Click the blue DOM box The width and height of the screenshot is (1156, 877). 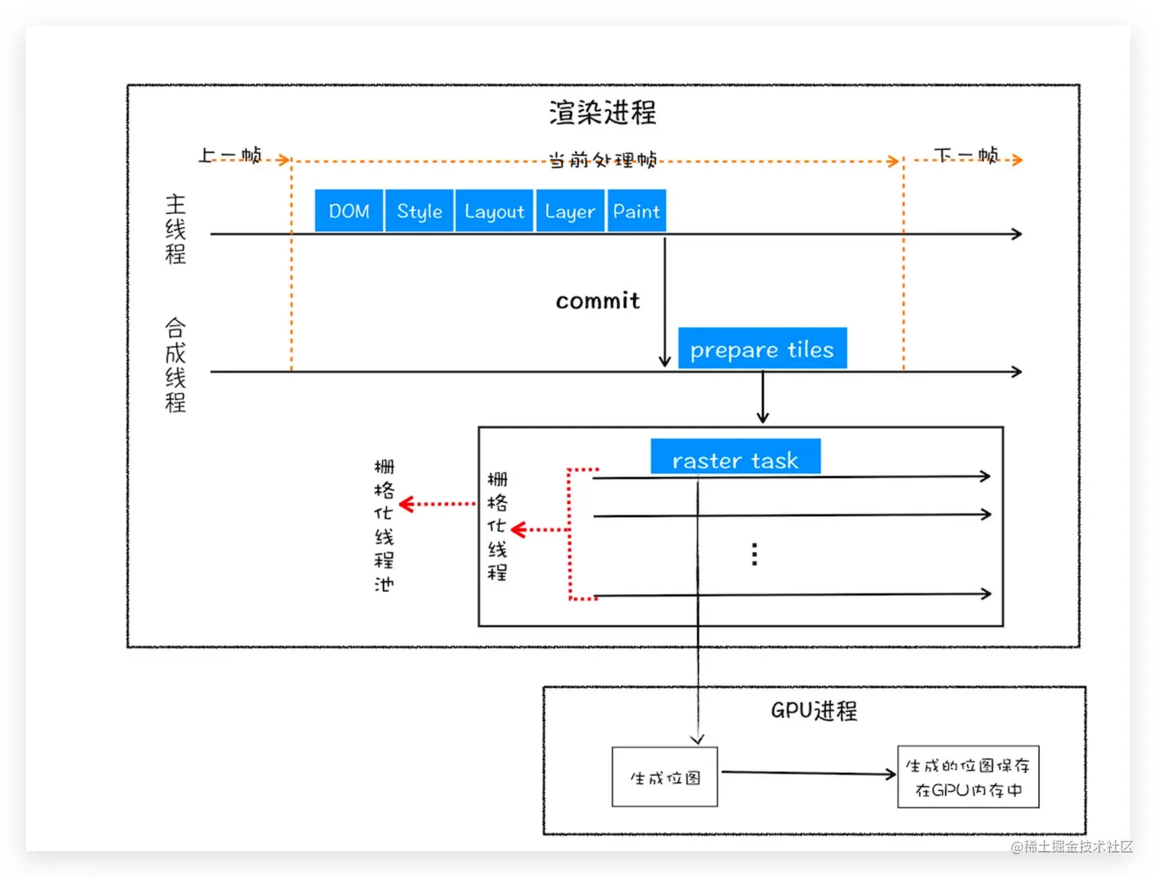pos(349,211)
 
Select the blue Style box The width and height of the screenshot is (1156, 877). pos(419,211)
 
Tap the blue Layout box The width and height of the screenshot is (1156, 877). pos(494,211)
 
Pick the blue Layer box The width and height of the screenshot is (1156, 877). pos(570,211)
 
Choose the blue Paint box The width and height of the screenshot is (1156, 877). pos(636,211)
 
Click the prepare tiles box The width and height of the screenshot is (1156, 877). pos(761,349)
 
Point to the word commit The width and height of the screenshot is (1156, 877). pos(597,300)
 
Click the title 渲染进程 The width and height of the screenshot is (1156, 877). pos(602,112)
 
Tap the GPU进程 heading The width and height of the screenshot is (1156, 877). pos(813,710)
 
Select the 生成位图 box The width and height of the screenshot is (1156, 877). pos(664,778)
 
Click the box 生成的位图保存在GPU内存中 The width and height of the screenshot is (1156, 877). pos(968,777)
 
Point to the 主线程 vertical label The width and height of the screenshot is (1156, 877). pos(175,229)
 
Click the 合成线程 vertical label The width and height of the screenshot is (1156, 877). pos(175,365)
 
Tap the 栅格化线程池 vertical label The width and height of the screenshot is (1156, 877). pos(384,525)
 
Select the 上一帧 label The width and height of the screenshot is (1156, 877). pos(229,155)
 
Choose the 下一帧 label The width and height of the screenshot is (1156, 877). pos(966,155)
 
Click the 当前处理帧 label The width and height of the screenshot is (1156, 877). pos(602,160)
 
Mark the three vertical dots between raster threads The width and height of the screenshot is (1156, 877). pos(755,554)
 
